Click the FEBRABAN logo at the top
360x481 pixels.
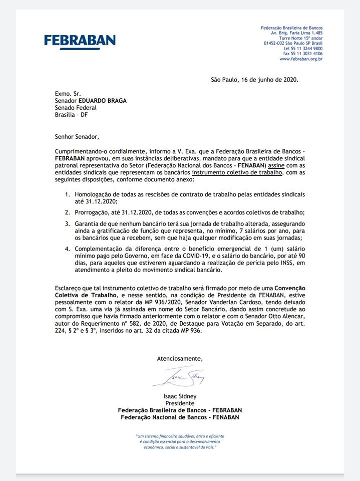[80, 41]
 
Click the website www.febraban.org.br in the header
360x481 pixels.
[300, 59]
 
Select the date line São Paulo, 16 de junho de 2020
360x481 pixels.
[254, 80]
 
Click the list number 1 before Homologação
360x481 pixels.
[68, 194]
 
